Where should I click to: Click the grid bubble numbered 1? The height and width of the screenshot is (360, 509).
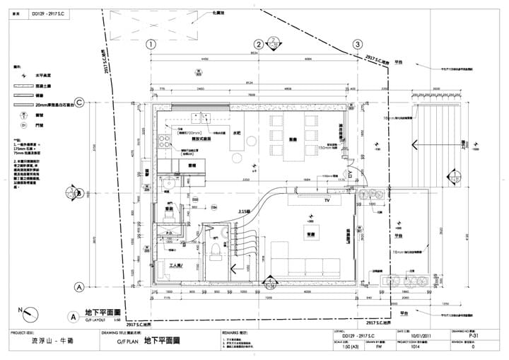(150, 44)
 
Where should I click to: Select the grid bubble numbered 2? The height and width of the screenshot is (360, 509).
(259, 44)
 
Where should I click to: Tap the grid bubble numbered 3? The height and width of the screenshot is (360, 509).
(358, 44)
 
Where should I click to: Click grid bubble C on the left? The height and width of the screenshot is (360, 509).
(80, 103)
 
